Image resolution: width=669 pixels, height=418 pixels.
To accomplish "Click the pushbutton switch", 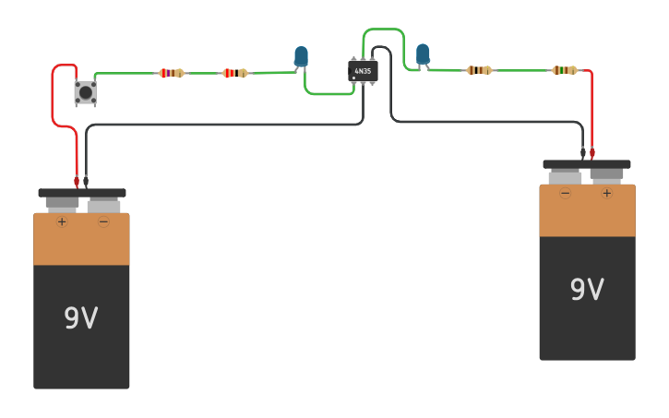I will click(86, 92).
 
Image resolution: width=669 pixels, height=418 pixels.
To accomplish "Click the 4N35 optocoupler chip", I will click(363, 71).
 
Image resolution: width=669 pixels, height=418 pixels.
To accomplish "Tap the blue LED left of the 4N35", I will click(301, 57).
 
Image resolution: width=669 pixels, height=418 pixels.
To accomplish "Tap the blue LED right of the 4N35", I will click(423, 54).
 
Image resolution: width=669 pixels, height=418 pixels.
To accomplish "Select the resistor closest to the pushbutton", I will click(171, 73).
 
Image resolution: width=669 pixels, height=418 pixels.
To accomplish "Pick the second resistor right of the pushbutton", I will click(235, 73).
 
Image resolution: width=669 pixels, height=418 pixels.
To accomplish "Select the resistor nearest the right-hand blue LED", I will click(479, 70).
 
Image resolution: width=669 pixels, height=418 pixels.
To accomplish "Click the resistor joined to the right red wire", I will click(565, 70).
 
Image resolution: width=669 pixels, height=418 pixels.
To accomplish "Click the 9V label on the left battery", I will click(81, 318).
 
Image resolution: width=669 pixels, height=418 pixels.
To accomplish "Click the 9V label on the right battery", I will click(587, 290).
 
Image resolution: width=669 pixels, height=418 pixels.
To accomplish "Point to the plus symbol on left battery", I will click(62, 221).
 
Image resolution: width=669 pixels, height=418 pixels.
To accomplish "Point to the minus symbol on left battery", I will click(103, 221).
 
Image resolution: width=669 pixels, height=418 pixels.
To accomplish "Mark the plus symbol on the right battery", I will click(606, 193).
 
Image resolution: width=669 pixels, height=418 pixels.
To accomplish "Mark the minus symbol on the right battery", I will click(565, 193).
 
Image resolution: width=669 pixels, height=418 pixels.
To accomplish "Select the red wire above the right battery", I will click(591, 111).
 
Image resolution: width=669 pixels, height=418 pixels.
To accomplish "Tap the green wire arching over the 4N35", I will click(384, 30).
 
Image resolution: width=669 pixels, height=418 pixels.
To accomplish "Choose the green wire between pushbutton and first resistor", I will click(125, 74).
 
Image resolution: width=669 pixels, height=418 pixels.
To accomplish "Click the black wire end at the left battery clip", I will click(86, 180).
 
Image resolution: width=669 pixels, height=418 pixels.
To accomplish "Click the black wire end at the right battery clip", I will click(583, 151).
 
